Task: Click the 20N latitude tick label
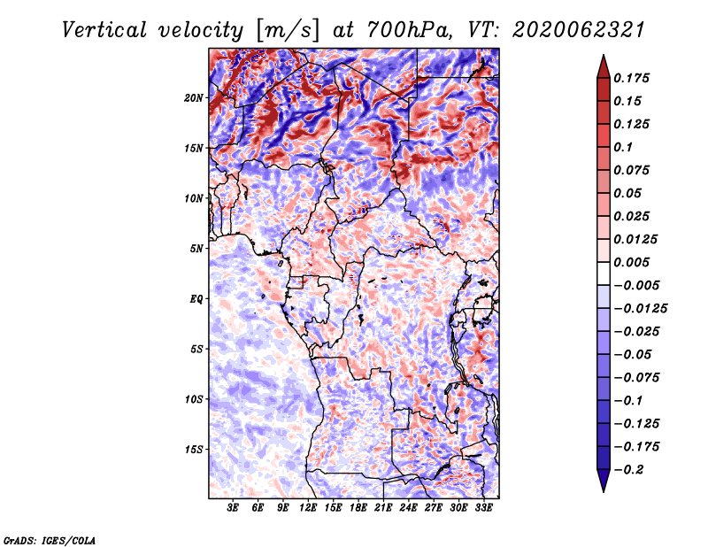tap(194, 98)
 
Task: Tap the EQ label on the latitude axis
tap(196, 299)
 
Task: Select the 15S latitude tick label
tap(194, 450)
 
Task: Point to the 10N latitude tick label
tap(194, 198)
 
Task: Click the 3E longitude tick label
tap(233, 508)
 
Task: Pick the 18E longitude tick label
tap(358, 508)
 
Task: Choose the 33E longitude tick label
tap(483, 508)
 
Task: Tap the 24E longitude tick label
tap(408, 508)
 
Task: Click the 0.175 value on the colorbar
tap(631, 78)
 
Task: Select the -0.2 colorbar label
tap(628, 470)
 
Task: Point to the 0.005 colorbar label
tap(631, 262)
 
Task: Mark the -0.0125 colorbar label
tap(640, 309)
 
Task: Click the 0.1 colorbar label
tap(623, 147)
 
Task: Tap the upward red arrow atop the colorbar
tap(604, 67)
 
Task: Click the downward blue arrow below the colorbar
tap(604, 481)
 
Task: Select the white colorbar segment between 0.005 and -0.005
tap(604, 273)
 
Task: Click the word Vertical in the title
tap(104, 30)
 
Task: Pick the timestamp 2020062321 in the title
tap(579, 30)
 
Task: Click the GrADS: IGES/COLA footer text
tap(50, 540)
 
